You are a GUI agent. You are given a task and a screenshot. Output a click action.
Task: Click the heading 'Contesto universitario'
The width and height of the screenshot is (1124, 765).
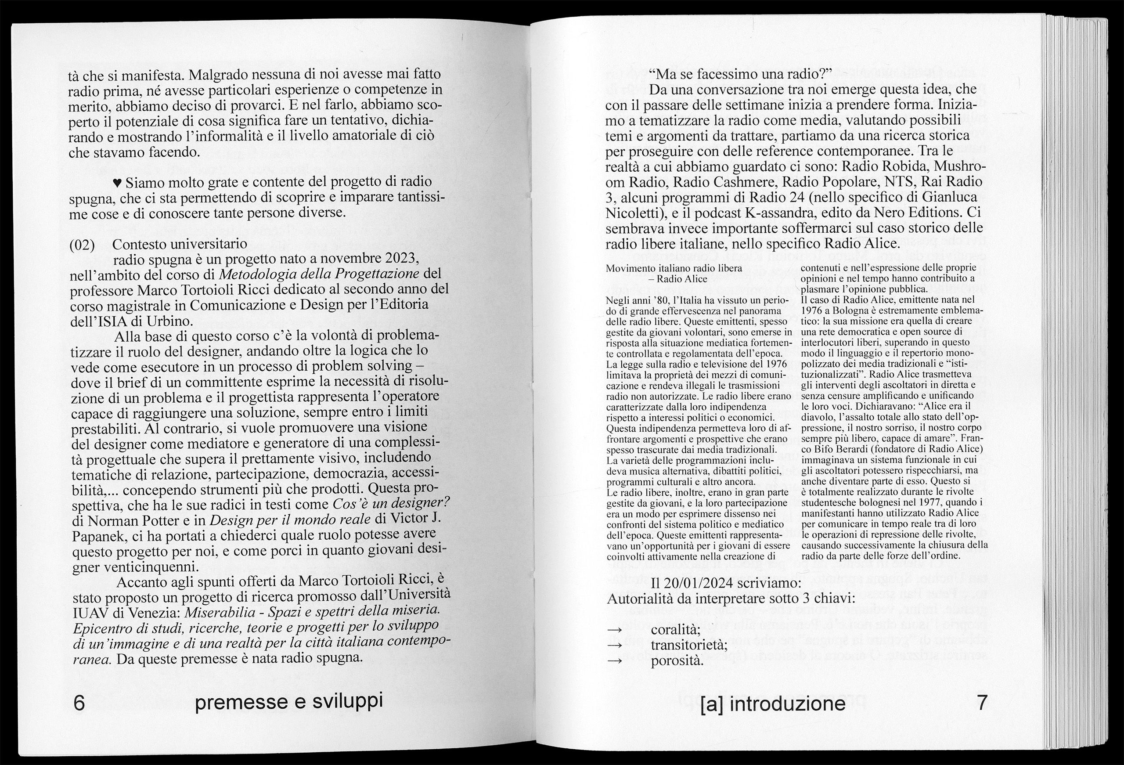click(180, 243)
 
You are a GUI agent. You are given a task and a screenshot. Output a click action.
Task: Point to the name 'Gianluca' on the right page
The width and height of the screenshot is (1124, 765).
click(944, 198)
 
